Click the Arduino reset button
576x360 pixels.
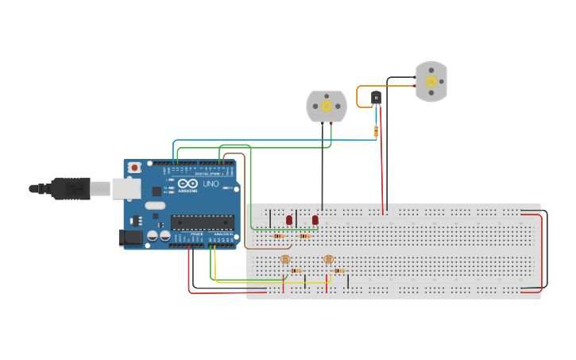(134, 168)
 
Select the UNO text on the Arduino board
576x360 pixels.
(211, 184)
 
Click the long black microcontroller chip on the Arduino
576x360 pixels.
(203, 223)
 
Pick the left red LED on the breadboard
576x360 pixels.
(289, 219)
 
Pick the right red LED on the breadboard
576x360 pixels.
(315, 219)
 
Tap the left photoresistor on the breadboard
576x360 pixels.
(285, 259)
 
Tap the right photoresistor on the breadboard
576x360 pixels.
(328, 259)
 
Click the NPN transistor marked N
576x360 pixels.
(376, 98)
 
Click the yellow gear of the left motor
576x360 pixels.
(327, 106)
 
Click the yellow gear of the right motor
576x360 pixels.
(431, 81)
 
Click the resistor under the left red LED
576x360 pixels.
(278, 236)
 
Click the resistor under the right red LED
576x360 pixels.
(304, 236)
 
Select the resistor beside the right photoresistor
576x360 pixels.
(339, 271)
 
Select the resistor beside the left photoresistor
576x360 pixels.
(296, 271)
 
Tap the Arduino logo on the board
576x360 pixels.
(187, 184)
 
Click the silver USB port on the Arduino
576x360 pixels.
(126, 188)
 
